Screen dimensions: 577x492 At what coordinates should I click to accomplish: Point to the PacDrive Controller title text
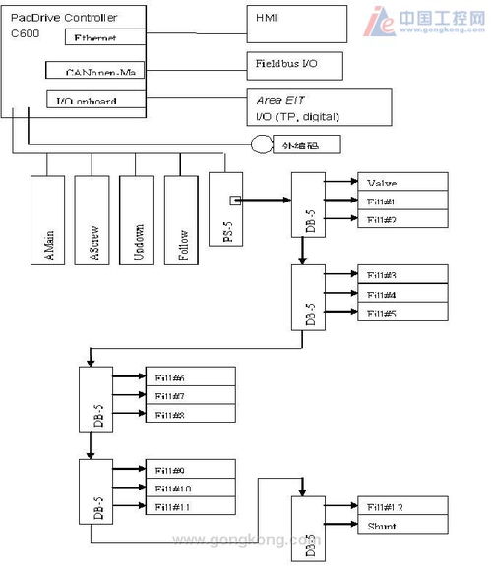(63, 17)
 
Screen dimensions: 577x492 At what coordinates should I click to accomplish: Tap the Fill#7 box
(192, 396)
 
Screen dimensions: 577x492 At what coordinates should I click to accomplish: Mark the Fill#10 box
(192, 488)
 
